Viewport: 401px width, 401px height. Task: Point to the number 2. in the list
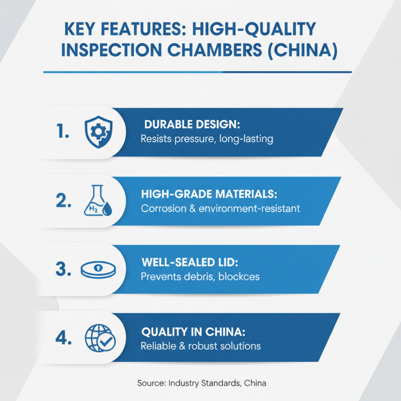(x=64, y=201)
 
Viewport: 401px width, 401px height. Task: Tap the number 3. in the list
(x=64, y=269)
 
